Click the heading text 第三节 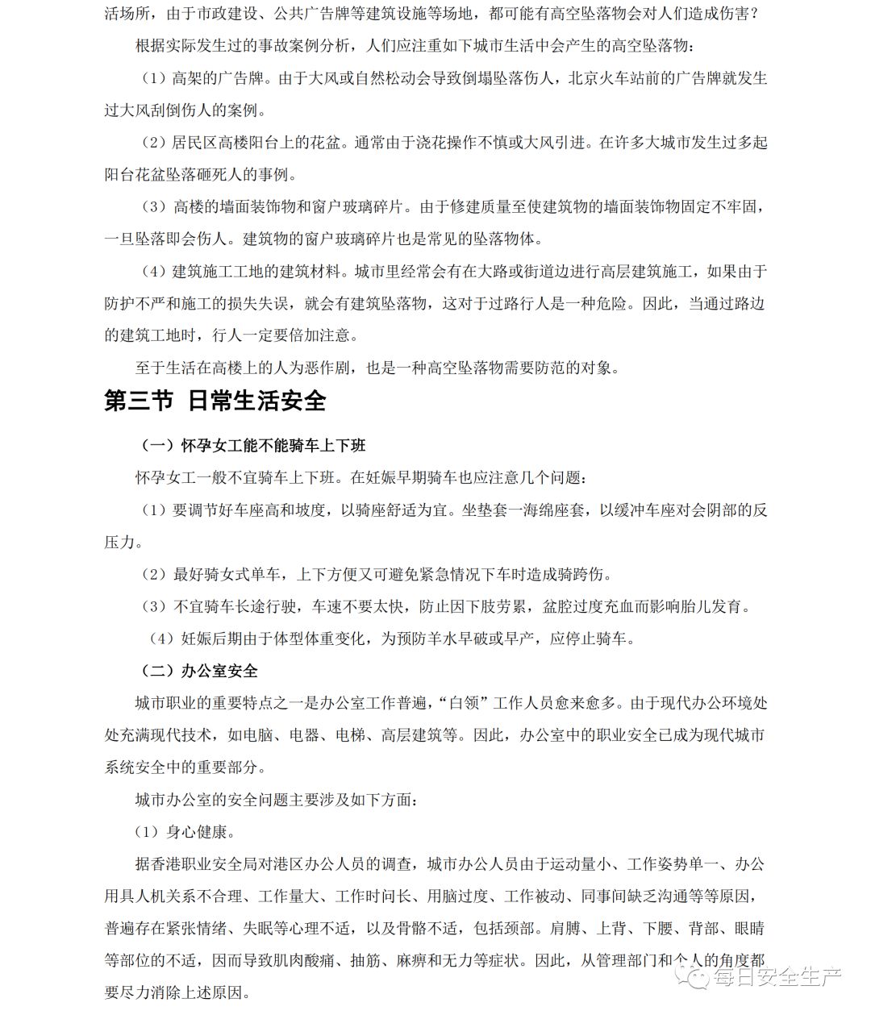(x=138, y=401)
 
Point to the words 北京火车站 (x=607, y=79)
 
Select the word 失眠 (x=257, y=929)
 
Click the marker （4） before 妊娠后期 (x=161, y=639)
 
